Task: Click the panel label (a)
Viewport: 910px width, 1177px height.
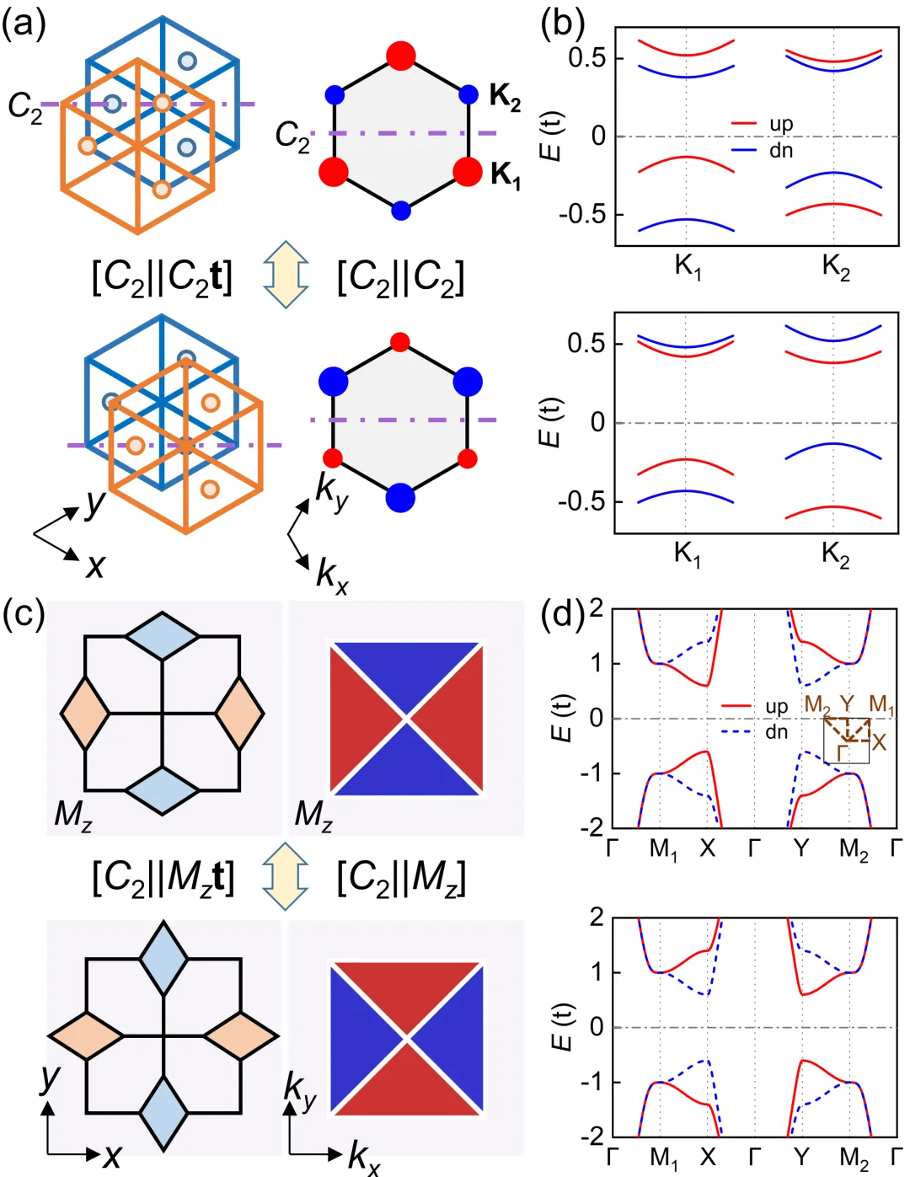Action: point(24,24)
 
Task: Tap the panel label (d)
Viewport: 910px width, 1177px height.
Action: point(562,615)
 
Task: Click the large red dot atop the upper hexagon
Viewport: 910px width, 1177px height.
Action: point(401,55)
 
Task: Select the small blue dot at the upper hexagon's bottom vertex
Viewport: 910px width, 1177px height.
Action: point(401,210)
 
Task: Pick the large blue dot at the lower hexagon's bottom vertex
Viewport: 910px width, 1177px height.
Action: point(401,497)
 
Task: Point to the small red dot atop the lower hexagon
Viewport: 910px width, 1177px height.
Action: point(401,342)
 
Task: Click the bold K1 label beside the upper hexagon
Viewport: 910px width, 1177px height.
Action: point(506,174)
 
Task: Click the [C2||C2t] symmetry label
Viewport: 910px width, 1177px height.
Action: point(162,276)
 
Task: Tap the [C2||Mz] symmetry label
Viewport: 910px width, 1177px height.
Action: point(401,878)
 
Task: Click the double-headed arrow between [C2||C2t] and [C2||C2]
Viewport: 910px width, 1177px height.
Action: point(286,275)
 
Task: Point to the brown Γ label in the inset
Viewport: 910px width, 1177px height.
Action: point(842,752)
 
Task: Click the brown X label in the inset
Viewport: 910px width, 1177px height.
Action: point(880,741)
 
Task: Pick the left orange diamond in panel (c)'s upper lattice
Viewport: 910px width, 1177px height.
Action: point(85,713)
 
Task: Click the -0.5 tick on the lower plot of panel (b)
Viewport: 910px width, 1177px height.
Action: point(581,501)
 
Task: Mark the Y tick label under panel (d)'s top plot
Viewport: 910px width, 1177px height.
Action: point(801,848)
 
